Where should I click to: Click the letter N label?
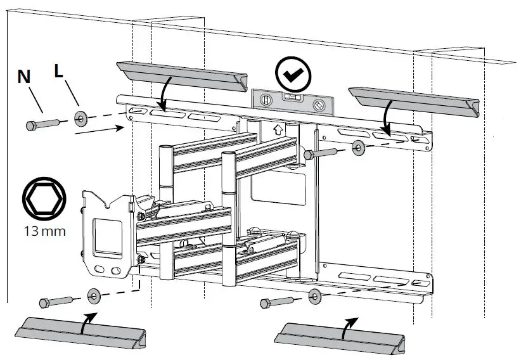coord(24,77)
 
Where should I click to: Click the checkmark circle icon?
coord(293,74)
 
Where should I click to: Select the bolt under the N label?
coord(42,124)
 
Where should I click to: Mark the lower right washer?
coord(314,296)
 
